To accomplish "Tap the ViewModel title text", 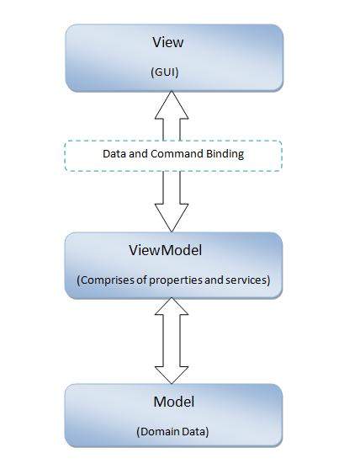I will click(172, 250).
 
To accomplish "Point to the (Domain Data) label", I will click(173, 431).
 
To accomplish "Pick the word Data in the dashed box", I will click(114, 154).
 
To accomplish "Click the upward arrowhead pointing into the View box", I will click(172, 104).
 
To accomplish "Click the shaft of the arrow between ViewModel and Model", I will click(172, 341).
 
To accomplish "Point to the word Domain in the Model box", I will click(161, 431).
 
